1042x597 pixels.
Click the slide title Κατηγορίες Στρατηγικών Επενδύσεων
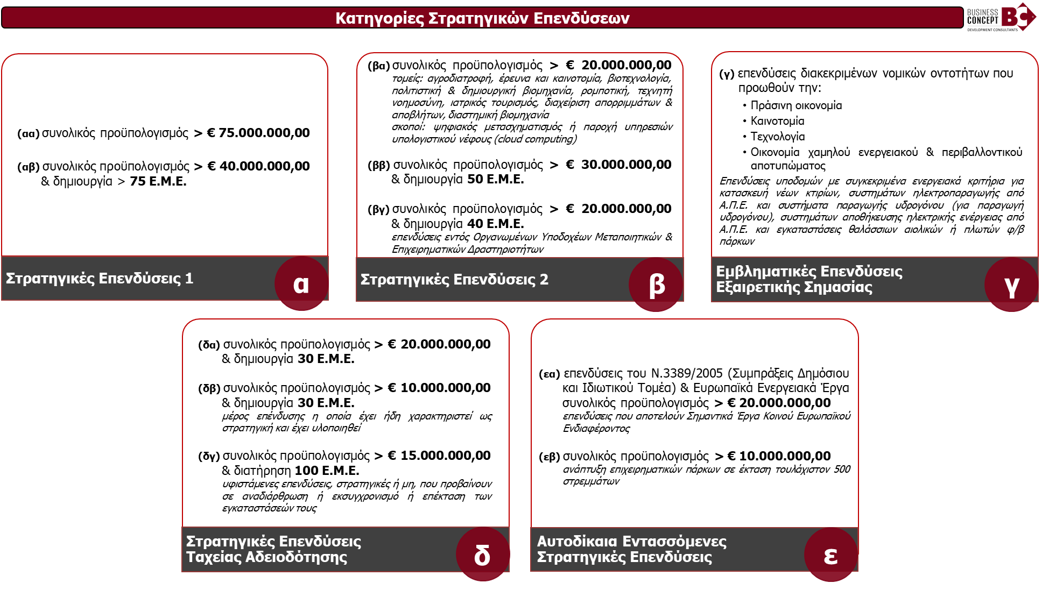coord(482,18)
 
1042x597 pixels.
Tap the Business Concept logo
coord(1001,18)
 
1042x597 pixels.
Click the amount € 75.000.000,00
coord(258,133)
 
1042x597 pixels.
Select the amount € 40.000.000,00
coord(258,166)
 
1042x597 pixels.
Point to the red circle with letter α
coord(301,283)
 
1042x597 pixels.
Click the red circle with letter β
coord(656,285)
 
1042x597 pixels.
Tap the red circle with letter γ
coord(1011,285)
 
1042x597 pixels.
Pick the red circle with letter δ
coord(482,555)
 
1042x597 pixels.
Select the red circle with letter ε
coord(830,555)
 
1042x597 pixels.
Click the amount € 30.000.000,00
coord(618,165)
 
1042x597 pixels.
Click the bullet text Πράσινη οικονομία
coord(796,105)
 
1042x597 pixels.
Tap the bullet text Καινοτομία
coord(777,121)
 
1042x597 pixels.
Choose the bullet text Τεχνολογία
coord(778,137)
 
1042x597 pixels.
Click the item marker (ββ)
coord(379,165)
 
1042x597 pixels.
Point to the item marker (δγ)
coord(209,456)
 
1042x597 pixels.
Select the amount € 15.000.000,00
coord(439,456)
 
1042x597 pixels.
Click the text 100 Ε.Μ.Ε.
coord(327,471)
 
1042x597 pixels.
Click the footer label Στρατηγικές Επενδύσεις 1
coord(100,279)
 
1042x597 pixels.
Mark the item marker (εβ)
coord(550,457)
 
